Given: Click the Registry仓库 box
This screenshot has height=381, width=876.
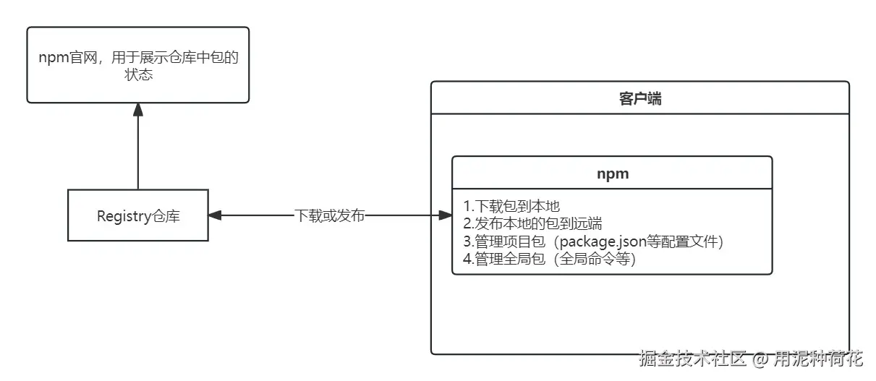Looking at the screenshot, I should click(x=138, y=215).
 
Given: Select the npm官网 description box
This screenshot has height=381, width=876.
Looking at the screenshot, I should click(x=138, y=65).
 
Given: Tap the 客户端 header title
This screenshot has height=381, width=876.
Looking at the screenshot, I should click(x=639, y=99).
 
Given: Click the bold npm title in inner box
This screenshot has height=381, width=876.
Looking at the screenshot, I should click(x=612, y=174).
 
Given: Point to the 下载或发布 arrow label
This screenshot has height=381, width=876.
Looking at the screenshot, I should click(x=330, y=215).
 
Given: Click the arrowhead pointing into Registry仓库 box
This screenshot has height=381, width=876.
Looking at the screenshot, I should click(x=215, y=215).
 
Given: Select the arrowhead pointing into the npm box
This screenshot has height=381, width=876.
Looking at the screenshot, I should click(x=446, y=215).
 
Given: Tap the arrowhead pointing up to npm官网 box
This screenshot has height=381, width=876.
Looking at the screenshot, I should click(x=138, y=109).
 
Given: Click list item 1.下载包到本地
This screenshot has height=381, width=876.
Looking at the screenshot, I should click(x=512, y=206).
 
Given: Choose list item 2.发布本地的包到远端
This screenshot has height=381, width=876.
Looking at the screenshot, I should click(x=533, y=223).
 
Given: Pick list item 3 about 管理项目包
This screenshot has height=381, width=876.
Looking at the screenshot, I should click(x=593, y=241).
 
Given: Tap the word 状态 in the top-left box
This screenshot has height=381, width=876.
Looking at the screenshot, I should click(x=138, y=74).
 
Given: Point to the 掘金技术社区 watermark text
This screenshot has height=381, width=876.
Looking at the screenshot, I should click(x=692, y=359).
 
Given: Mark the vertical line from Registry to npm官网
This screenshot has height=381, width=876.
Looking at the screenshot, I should click(x=138, y=152).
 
